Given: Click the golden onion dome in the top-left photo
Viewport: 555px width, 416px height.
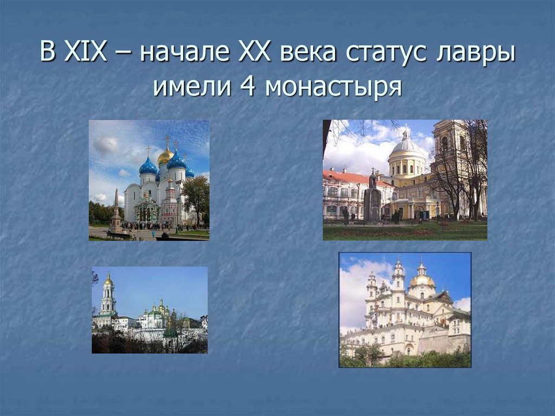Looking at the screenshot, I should point(165,156).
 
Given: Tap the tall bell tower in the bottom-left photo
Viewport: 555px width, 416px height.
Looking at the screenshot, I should point(108,297).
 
